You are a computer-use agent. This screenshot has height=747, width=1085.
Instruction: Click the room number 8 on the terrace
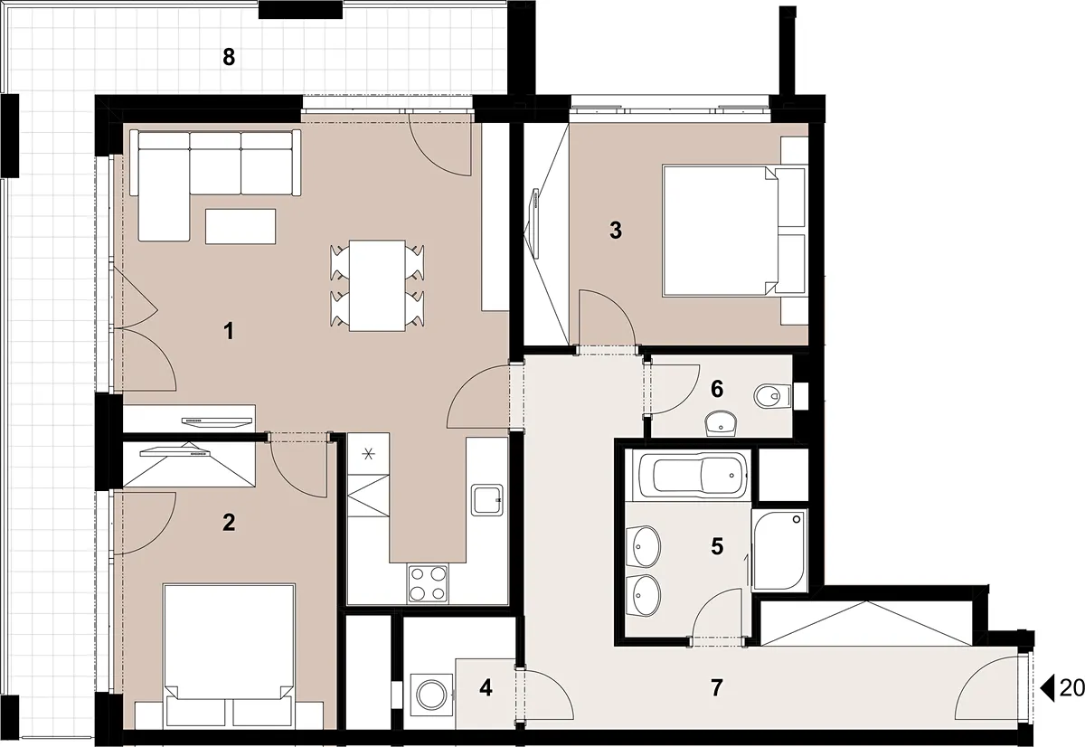click(229, 57)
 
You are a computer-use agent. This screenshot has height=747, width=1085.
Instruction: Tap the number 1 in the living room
click(229, 332)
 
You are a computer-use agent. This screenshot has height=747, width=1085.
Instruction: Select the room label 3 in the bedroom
click(615, 231)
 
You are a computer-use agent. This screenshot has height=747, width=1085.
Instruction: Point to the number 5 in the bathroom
click(717, 546)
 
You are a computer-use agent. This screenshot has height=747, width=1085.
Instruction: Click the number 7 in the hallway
click(717, 687)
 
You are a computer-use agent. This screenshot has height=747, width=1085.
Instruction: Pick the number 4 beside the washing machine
click(486, 688)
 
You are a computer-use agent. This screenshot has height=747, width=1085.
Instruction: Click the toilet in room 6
click(772, 396)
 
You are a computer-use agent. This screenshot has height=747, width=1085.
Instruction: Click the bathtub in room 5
click(693, 475)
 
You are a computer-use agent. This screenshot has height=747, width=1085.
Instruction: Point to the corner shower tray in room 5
click(779, 550)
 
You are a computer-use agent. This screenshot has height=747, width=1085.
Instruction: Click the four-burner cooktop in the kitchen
click(428, 583)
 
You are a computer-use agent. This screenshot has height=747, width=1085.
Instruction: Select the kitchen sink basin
click(487, 499)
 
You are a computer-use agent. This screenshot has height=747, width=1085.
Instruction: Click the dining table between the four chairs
click(377, 286)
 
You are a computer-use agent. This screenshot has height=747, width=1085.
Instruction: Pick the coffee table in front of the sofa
click(241, 226)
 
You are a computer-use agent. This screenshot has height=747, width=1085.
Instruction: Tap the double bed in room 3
click(735, 231)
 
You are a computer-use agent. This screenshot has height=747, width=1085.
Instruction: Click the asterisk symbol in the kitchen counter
click(369, 454)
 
